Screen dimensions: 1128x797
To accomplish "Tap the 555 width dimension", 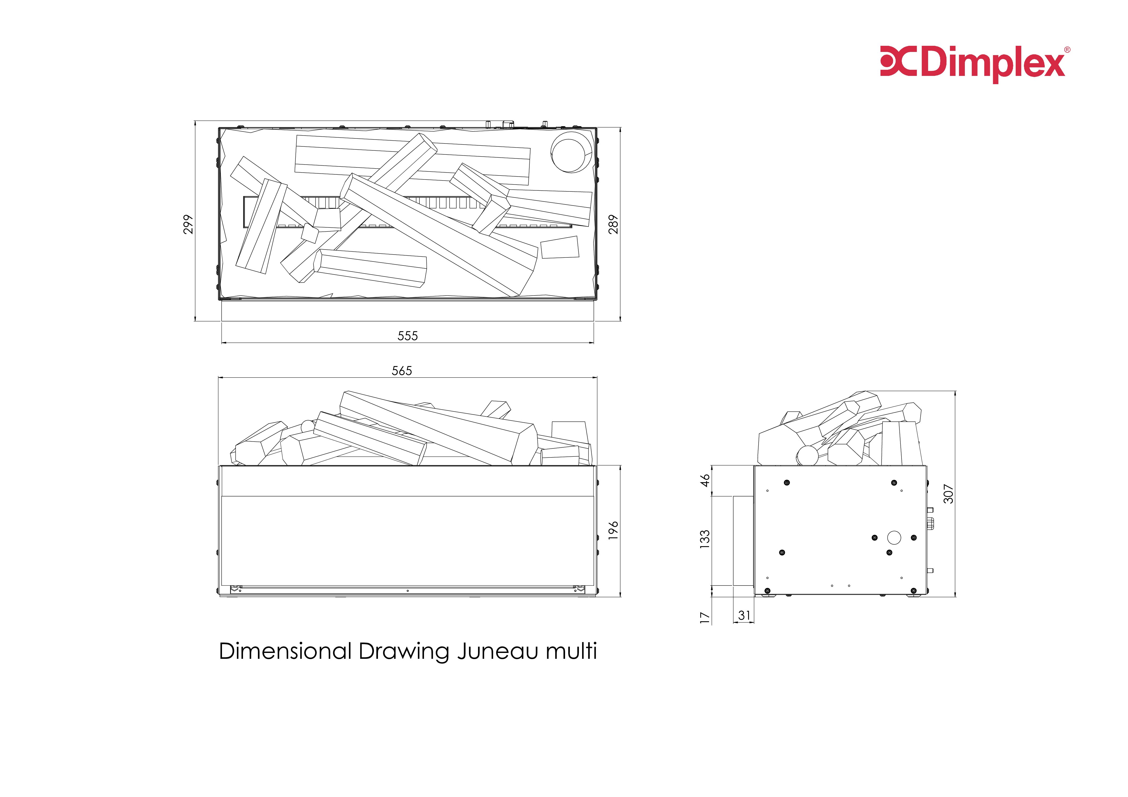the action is click(x=408, y=336).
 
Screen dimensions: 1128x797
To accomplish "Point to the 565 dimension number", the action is click(x=402, y=370).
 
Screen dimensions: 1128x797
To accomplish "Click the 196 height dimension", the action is click(x=613, y=531).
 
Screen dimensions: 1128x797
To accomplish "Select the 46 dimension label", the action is click(x=705, y=480).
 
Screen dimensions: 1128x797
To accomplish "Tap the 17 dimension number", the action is click(x=705, y=618).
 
